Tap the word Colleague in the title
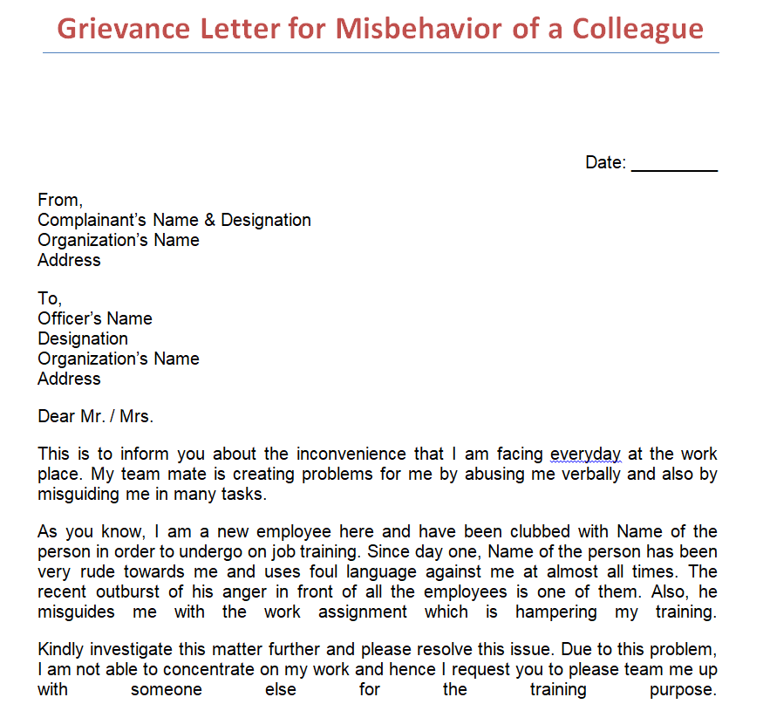click(x=637, y=29)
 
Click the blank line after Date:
click(x=674, y=163)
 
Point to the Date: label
click(x=605, y=163)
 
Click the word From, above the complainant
click(x=60, y=201)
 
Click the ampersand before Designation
click(x=209, y=221)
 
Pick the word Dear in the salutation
click(x=56, y=417)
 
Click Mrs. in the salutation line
click(x=136, y=417)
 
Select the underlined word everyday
click(x=585, y=455)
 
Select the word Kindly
click(x=62, y=650)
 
